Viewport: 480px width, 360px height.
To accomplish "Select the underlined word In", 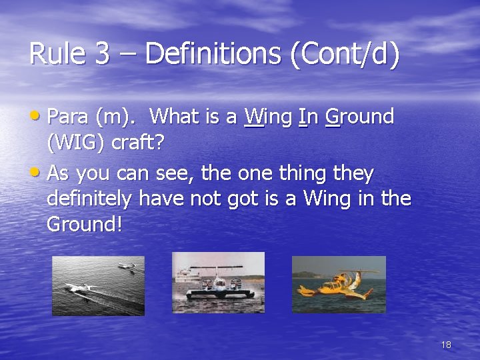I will pyautogui.click(x=308, y=117).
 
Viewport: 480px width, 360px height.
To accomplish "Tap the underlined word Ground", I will pyautogui.click(x=359, y=117).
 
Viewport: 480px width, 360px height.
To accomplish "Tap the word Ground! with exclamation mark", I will pyautogui.click(x=85, y=224).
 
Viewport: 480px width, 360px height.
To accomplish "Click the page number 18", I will pyautogui.click(x=446, y=345).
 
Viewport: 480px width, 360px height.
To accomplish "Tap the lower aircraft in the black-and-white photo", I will pyautogui.click(x=79, y=288).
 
